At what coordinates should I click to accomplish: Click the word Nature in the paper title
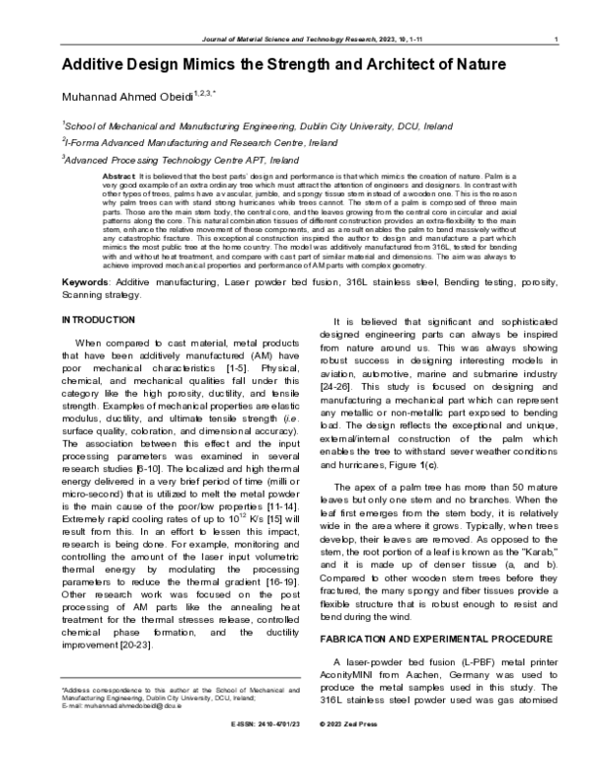coord(478,65)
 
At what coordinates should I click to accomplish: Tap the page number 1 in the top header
coord(558,39)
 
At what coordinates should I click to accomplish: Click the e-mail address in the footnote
coord(125,733)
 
